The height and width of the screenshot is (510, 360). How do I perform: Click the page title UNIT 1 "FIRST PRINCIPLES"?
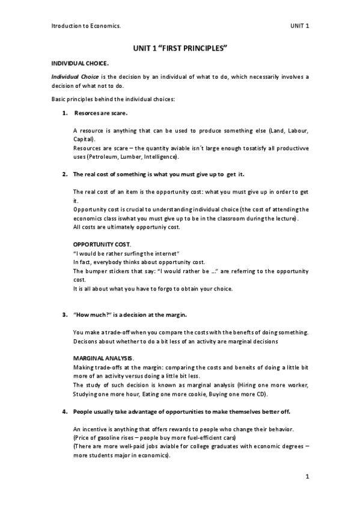(x=180, y=48)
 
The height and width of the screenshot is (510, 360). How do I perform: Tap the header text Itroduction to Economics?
(x=84, y=26)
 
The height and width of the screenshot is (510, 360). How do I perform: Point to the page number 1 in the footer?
(x=307, y=477)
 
